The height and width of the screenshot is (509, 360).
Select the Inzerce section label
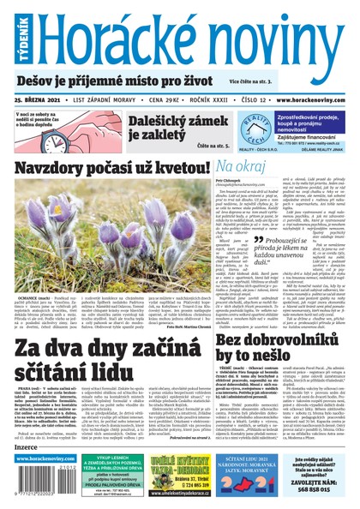click(x=27, y=447)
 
